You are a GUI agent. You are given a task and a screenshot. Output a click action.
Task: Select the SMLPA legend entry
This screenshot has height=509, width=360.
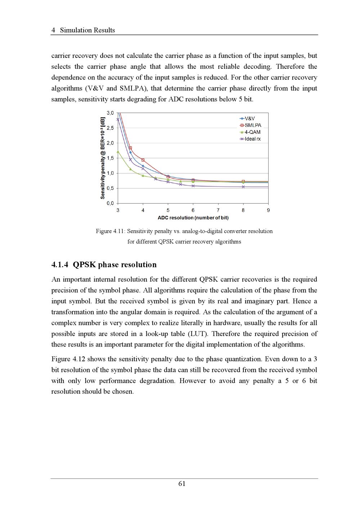[x=250, y=126]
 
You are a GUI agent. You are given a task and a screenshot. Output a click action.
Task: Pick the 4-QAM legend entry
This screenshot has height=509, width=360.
[x=250, y=132]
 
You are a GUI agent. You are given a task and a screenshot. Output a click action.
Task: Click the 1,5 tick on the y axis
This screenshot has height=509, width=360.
[x=110, y=158]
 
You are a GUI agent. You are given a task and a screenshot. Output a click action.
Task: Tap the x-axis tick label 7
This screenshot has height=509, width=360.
[x=218, y=210]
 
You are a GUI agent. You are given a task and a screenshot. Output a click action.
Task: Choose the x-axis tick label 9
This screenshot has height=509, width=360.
[x=268, y=210]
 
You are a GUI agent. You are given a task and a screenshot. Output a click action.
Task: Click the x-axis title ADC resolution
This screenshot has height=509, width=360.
[x=193, y=218]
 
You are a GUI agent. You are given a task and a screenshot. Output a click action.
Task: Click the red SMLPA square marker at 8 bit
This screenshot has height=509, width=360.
[x=243, y=182]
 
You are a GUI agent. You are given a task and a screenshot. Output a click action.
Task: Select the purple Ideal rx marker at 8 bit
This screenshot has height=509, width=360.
[x=243, y=187]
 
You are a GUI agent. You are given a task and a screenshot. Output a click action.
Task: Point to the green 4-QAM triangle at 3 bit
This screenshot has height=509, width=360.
[x=118, y=152]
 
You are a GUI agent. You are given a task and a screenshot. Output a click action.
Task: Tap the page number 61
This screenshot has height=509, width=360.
[x=182, y=484]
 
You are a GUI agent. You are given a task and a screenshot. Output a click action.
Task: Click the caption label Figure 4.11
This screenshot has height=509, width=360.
[x=110, y=231]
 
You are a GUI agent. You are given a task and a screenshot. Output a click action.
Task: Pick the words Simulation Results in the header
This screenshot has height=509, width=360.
[x=87, y=30]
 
